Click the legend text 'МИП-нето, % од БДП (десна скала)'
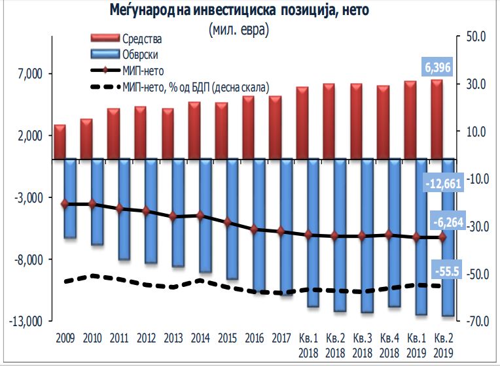coord(196,86)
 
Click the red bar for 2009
coord(60,141)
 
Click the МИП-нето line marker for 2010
coord(92,204)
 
